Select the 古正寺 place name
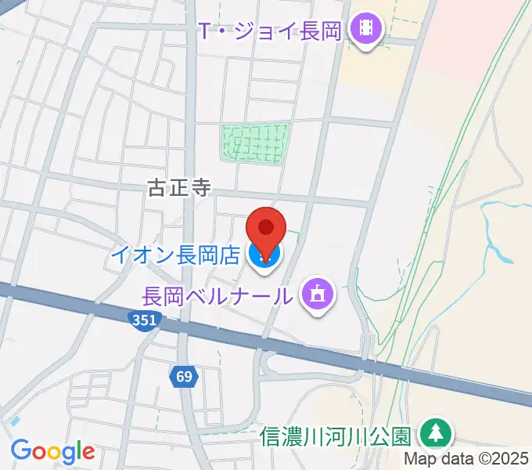pos(179,188)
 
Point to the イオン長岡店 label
pos(174,255)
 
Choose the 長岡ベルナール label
pos(218,296)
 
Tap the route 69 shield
pos(183,377)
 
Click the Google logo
pos(52,450)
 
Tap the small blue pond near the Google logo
pos(14,421)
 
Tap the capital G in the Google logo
pos(21,450)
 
